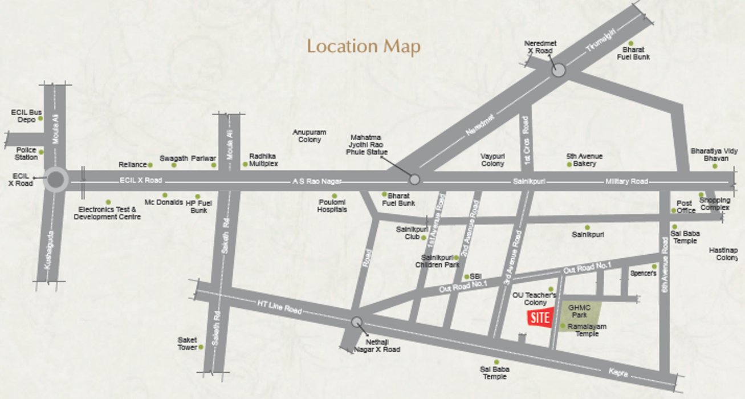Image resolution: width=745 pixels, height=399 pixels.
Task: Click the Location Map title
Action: point(364,46)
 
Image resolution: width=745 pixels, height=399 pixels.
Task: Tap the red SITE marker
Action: point(539,319)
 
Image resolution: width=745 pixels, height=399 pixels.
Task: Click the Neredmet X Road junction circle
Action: point(558,70)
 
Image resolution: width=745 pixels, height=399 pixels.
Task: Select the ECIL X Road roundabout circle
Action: point(56,180)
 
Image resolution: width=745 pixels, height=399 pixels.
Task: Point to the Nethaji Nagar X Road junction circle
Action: point(357,322)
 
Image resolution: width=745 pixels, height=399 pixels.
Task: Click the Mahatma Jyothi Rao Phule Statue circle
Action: point(415,180)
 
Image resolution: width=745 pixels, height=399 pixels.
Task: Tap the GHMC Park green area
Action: point(580,311)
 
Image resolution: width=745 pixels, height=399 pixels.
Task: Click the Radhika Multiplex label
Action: point(263,160)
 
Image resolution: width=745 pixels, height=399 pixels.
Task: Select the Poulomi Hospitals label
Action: point(332,206)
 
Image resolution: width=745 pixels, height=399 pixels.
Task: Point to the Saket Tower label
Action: point(187,344)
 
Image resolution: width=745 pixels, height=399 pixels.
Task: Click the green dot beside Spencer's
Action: point(654,266)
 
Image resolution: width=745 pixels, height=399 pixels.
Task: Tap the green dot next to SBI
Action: point(467,277)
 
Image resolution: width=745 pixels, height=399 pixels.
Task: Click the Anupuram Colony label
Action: point(307,136)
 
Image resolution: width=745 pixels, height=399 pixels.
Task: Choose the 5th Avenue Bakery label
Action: point(584,160)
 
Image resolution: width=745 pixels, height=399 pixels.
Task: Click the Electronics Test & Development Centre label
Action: point(107,213)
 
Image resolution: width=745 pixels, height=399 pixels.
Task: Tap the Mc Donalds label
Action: point(164,202)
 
